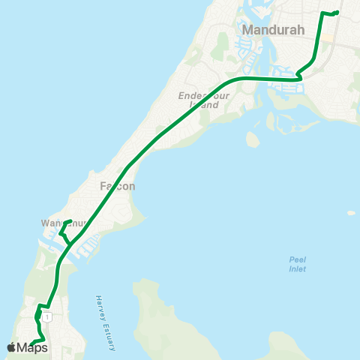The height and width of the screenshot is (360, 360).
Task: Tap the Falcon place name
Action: (117, 186)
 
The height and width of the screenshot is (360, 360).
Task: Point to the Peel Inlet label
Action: (298, 265)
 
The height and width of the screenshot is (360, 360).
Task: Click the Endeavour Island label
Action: (199, 100)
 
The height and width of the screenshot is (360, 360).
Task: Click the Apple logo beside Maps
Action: (11, 347)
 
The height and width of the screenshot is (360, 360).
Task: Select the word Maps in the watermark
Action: (32, 347)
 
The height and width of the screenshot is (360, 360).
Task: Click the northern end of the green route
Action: (337, 12)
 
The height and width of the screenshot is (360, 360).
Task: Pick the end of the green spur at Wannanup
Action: (70, 220)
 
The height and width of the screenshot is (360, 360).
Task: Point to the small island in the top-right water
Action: (351, 213)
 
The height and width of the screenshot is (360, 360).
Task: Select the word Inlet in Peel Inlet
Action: (298, 269)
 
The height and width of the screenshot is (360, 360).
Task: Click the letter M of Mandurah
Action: (248, 31)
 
